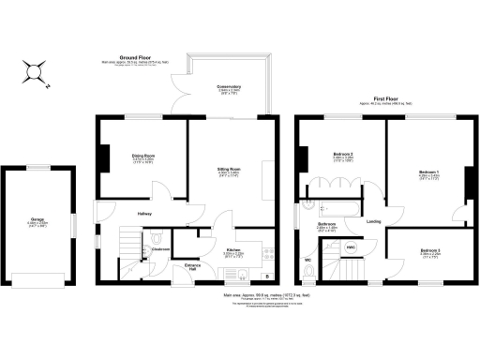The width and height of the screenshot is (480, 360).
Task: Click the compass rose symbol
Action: click(36, 70)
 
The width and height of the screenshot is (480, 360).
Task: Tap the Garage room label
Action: click(37, 221)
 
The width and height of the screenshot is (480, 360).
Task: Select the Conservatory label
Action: click(230, 86)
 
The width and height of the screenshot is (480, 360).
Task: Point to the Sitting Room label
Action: click(230, 170)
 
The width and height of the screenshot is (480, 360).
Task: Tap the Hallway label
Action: click(144, 214)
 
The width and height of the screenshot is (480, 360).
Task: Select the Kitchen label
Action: click(233, 250)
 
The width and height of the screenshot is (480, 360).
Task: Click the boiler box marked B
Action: click(267, 276)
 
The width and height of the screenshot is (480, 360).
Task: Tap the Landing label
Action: click(373, 221)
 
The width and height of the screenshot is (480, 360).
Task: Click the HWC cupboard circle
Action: click(351, 247)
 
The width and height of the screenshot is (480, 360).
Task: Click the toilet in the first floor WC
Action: click(309, 273)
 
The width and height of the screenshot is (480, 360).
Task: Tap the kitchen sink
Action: click(241, 275)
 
